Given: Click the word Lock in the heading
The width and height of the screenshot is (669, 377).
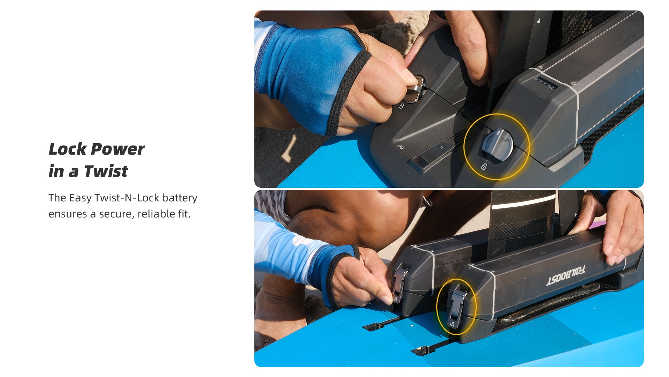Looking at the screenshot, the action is [68, 149].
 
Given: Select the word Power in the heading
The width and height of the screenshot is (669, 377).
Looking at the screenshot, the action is [118, 149].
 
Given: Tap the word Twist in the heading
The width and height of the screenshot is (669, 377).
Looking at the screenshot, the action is [106, 171].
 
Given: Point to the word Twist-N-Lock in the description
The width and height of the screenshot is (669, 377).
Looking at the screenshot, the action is [127, 198].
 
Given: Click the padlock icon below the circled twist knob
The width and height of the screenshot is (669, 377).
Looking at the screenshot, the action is [484, 167].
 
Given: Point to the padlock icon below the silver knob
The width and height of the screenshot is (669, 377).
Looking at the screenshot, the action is [401, 106].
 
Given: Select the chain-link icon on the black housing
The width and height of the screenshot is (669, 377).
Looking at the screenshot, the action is [401, 147].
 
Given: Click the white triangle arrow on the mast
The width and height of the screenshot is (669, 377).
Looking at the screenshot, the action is [538, 20].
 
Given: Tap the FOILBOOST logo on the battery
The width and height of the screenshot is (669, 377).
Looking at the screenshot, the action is [566, 276].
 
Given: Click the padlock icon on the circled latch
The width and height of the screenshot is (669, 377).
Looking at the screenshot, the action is [452, 324].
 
